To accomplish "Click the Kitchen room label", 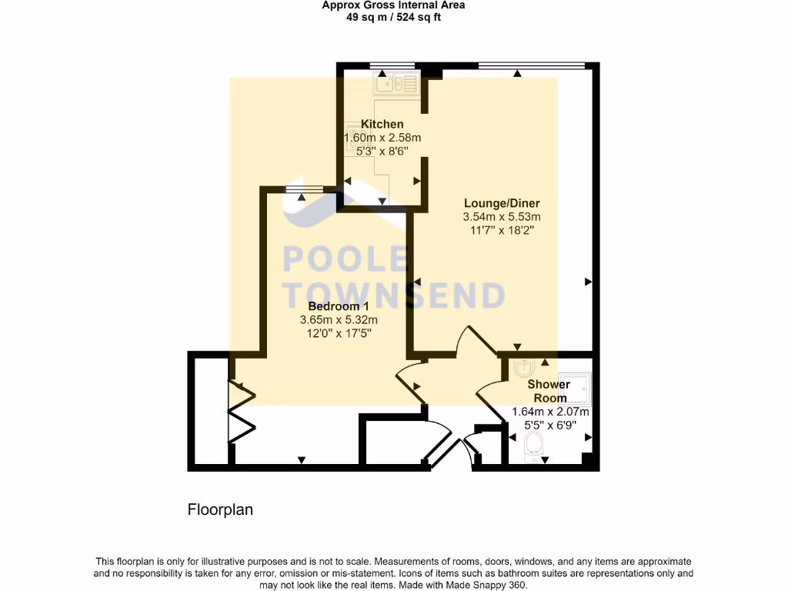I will pyautogui.click(x=382, y=125).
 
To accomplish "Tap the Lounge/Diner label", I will pyautogui.click(x=501, y=203).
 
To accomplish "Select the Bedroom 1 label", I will pyautogui.click(x=339, y=306).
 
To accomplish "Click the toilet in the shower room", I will pyautogui.click(x=532, y=446).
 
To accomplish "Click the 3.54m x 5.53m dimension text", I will pyautogui.click(x=502, y=217).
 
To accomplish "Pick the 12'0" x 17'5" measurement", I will pyautogui.click(x=339, y=333).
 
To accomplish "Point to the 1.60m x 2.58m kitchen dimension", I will pyautogui.click(x=382, y=138).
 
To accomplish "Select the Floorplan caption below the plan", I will pyautogui.click(x=220, y=509).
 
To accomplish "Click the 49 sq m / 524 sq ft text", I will pyautogui.click(x=393, y=17).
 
